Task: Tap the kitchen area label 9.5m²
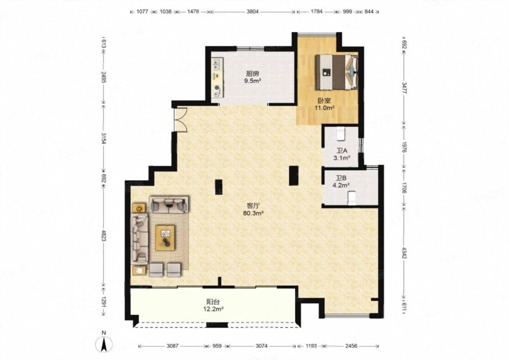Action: pyautogui.click(x=253, y=81)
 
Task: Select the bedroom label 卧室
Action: pyautogui.click(x=324, y=100)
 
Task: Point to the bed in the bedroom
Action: pyautogui.click(x=336, y=72)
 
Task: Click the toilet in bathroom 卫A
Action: pyautogui.click(x=341, y=134)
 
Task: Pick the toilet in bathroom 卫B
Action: pyautogui.click(x=352, y=198)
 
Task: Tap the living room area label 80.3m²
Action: pyautogui.click(x=253, y=213)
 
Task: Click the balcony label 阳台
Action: pyautogui.click(x=213, y=302)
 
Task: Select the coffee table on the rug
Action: pyautogui.click(x=165, y=238)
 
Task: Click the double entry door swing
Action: pyautogui.click(x=181, y=120)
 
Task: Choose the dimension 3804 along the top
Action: pyautogui.click(x=253, y=12)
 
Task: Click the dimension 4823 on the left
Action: pyautogui.click(x=104, y=235)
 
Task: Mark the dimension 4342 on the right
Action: pyautogui.click(x=404, y=253)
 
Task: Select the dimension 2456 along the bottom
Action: pyautogui.click(x=351, y=346)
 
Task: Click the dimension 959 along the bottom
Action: pyautogui.click(x=217, y=346)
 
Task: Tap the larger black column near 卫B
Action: pyautogui.click(x=294, y=176)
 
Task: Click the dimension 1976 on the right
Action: pyautogui.click(x=404, y=147)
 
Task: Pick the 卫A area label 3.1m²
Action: pyautogui.click(x=341, y=158)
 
